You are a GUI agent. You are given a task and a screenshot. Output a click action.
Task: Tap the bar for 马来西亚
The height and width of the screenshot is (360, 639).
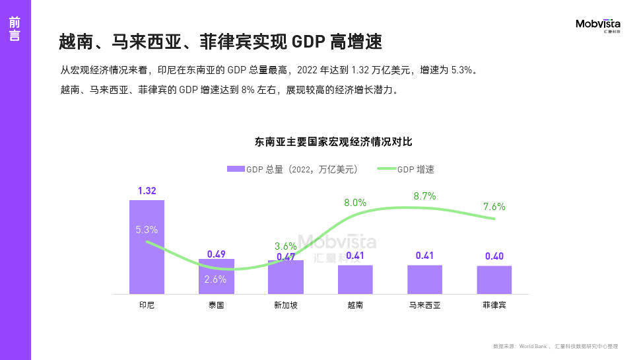pyautogui.click(x=424, y=279)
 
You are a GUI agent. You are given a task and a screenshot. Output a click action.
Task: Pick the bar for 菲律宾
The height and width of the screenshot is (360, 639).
pyautogui.click(x=494, y=280)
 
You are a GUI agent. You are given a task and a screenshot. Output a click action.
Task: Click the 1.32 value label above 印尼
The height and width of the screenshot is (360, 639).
pyautogui.click(x=147, y=191)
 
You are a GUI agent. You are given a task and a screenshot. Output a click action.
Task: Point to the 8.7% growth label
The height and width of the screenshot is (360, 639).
pyautogui.click(x=424, y=196)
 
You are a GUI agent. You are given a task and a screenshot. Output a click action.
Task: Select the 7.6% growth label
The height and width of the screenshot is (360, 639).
pyautogui.click(x=494, y=207)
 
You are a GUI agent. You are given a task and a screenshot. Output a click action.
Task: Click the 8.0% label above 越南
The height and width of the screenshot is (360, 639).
pyautogui.click(x=355, y=203)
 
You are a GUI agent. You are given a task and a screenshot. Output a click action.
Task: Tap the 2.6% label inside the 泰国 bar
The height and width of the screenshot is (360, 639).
pyautogui.click(x=215, y=279)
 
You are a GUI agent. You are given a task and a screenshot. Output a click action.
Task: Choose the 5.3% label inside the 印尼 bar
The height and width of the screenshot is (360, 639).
pyautogui.click(x=147, y=230)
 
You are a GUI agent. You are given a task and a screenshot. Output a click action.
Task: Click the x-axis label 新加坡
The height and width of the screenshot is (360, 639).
pyautogui.click(x=286, y=305)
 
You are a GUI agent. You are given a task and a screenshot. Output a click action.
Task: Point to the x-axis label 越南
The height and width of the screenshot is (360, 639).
pyautogui.click(x=355, y=305)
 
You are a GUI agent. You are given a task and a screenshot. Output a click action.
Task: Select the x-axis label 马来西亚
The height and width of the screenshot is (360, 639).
pyautogui.click(x=424, y=305)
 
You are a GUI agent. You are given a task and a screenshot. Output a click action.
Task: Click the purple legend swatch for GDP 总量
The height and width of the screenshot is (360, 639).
pyautogui.click(x=236, y=169)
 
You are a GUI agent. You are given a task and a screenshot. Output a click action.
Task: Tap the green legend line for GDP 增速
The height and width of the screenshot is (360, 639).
pyautogui.click(x=386, y=169)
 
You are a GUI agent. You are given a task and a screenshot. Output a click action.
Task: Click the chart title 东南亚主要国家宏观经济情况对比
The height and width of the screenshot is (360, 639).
pyautogui.click(x=333, y=142)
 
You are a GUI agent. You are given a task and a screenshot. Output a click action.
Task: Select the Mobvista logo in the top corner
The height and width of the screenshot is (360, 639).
pyautogui.click(x=598, y=25)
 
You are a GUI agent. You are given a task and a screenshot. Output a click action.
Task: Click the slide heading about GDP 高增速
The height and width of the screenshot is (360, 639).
pyautogui.click(x=220, y=42)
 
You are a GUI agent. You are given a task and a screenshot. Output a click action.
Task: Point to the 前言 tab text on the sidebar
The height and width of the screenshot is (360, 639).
pyautogui.click(x=15, y=29)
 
